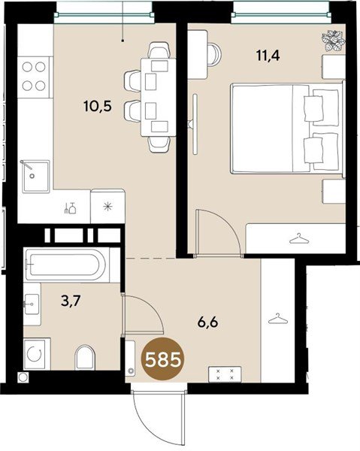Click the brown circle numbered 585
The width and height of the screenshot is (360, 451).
(163, 360)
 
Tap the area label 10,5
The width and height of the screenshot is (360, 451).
(98, 107)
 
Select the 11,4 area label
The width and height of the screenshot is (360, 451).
(268, 55)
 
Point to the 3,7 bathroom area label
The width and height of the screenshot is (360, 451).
(71, 301)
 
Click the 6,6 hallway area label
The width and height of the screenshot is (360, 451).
(207, 322)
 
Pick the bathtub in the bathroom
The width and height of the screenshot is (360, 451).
(68, 265)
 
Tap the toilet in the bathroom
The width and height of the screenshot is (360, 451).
(85, 357)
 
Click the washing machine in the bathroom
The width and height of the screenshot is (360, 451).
(37, 354)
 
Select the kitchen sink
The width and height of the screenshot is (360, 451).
(35, 177)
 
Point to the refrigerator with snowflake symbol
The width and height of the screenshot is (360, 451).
(107, 206)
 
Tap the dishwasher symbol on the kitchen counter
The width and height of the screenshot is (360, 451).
(70, 208)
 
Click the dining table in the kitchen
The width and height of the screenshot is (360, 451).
(158, 97)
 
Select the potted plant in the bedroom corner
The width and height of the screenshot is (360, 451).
(334, 41)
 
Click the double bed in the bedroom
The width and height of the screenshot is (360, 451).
(287, 129)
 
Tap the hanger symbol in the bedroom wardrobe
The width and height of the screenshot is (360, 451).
(299, 238)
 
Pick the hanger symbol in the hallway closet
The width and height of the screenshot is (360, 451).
(278, 319)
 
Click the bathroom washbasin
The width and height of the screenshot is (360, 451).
(32, 304)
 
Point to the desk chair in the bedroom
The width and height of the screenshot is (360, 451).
(214, 55)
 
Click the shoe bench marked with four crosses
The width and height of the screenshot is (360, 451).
(225, 374)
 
